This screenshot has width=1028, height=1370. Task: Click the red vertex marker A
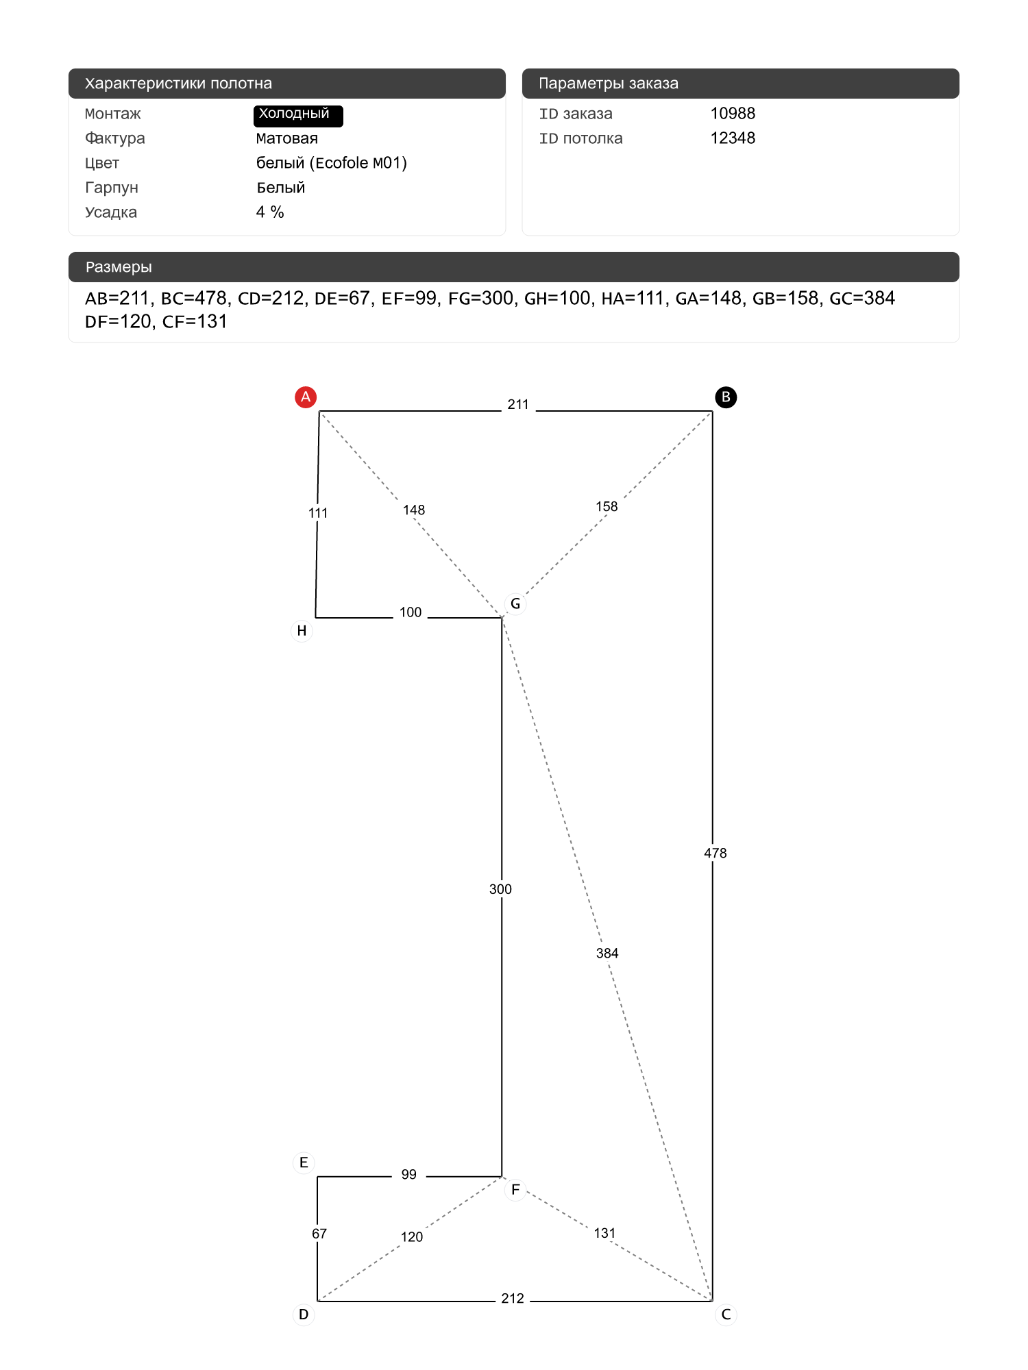[306, 397]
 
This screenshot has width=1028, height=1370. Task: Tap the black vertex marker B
[726, 397]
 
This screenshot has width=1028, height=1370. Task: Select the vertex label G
[515, 604]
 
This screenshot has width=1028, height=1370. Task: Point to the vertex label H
[302, 631]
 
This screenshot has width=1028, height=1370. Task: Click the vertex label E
[304, 1162]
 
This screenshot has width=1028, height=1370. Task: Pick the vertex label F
[515, 1190]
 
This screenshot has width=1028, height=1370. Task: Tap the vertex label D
[304, 1315]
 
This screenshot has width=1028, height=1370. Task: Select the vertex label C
[726, 1315]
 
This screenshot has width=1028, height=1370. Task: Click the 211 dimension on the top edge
[518, 405]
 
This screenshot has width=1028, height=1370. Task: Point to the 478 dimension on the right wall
[715, 854]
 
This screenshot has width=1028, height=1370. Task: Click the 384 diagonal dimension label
[607, 954]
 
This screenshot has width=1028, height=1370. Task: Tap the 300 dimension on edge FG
[500, 889]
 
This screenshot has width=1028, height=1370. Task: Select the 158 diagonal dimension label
[607, 507]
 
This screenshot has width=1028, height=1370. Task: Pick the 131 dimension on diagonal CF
[604, 1234]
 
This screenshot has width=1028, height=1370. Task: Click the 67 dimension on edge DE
[319, 1234]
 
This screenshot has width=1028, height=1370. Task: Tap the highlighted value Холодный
[297, 115]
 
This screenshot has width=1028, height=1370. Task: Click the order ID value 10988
[733, 114]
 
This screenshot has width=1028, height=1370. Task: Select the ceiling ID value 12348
[733, 138]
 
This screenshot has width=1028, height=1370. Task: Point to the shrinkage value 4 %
[270, 212]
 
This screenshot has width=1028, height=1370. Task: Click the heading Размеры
[119, 267]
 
